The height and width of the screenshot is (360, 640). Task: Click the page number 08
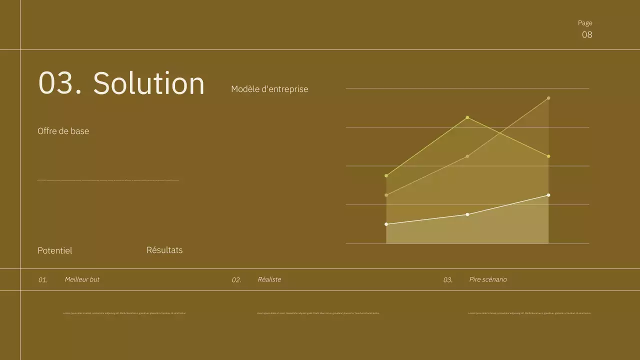(587, 34)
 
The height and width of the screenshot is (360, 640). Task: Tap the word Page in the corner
(585, 23)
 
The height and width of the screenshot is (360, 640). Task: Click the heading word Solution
(149, 83)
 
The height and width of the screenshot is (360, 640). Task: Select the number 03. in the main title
(60, 83)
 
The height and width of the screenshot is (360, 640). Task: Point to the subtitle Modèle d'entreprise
(269, 89)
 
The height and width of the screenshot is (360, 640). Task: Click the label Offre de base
(63, 131)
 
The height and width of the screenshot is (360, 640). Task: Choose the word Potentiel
(54, 250)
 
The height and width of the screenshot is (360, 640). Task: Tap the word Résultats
(164, 250)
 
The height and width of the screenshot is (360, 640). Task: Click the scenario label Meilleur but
(82, 279)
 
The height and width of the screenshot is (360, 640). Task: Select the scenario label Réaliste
(269, 279)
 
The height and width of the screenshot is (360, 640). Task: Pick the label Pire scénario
(488, 279)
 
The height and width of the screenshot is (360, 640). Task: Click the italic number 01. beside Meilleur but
(43, 280)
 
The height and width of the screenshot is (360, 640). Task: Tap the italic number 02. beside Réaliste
(236, 280)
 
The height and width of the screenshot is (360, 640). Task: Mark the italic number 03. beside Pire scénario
(448, 280)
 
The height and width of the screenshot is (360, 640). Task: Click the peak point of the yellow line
(467, 117)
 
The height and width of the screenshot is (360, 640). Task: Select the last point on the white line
(548, 195)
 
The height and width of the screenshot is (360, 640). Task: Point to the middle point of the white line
(467, 214)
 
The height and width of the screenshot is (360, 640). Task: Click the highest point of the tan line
(548, 98)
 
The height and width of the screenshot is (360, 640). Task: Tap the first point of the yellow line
(386, 175)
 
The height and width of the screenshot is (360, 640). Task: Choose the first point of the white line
(386, 224)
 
